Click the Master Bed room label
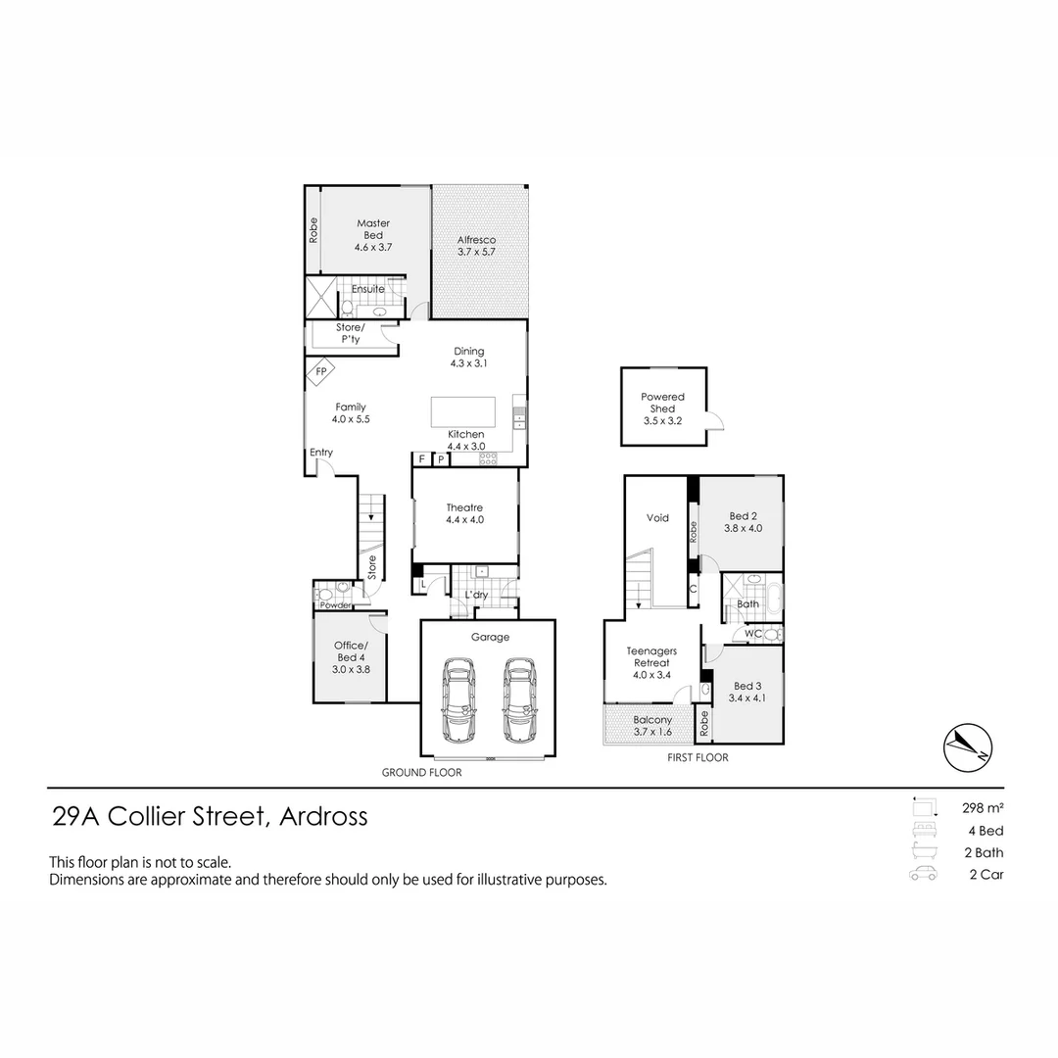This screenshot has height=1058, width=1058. [373, 235]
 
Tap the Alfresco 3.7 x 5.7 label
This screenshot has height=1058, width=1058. [477, 246]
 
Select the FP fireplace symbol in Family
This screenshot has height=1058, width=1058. [320, 372]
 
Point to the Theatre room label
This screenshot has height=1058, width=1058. [464, 513]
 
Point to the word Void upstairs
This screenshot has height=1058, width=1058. [657, 517]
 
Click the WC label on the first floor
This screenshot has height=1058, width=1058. [753, 634]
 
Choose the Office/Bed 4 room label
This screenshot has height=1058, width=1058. [351, 657]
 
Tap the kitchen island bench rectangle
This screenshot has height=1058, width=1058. [463, 411]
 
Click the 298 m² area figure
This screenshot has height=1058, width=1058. [982, 808]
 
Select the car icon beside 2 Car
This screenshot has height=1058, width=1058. [924, 875]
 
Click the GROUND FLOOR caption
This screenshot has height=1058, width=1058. [421, 773]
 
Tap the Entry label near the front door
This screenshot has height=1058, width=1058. [321, 453]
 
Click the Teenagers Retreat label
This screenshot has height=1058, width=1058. [651, 656]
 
